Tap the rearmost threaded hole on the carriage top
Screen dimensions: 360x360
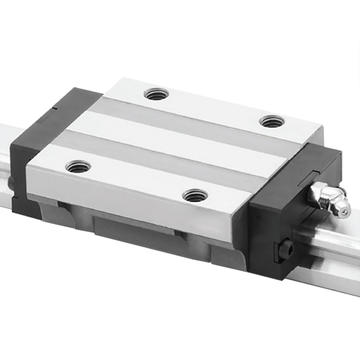pyautogui.click(x=156, y=94)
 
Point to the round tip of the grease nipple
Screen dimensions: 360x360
pyautogui.click(x=343, y=208)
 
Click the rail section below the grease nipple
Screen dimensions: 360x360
pyautogui.click(x=329, y=257)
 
